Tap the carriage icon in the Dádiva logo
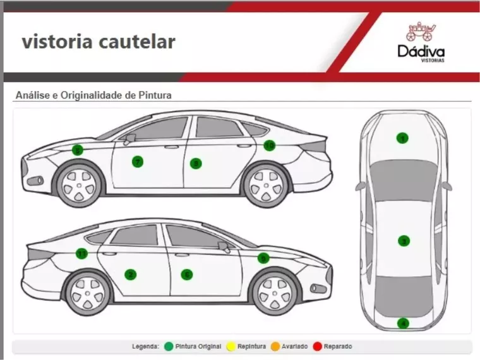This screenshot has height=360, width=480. (421, 32)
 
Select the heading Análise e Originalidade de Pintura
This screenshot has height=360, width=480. (93, 95)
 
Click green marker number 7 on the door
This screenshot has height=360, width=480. (138, 162)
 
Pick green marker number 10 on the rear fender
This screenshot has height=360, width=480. (270, 145)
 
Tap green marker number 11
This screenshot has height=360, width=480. (81, 254)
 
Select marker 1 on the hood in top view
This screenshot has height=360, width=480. (402, 138)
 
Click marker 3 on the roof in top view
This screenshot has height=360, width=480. (403, 241)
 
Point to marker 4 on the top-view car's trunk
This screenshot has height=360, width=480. (403, 323)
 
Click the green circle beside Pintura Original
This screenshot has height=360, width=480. (169, 347)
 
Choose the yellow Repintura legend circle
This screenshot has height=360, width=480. (231, 347)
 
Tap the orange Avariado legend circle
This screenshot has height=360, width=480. (275, 347)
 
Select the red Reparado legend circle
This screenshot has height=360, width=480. (318, 347)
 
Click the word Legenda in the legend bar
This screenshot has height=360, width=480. (145, 347)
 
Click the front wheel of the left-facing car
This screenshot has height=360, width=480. (79, 184)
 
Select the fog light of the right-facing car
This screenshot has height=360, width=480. (319, 289)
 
